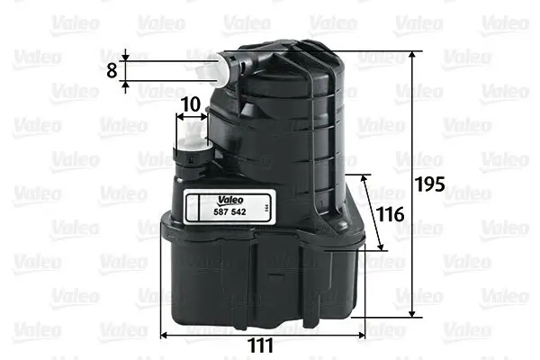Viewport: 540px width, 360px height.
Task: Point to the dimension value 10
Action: click(189, 105)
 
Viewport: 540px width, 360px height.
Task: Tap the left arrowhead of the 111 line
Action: click(164, 335)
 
